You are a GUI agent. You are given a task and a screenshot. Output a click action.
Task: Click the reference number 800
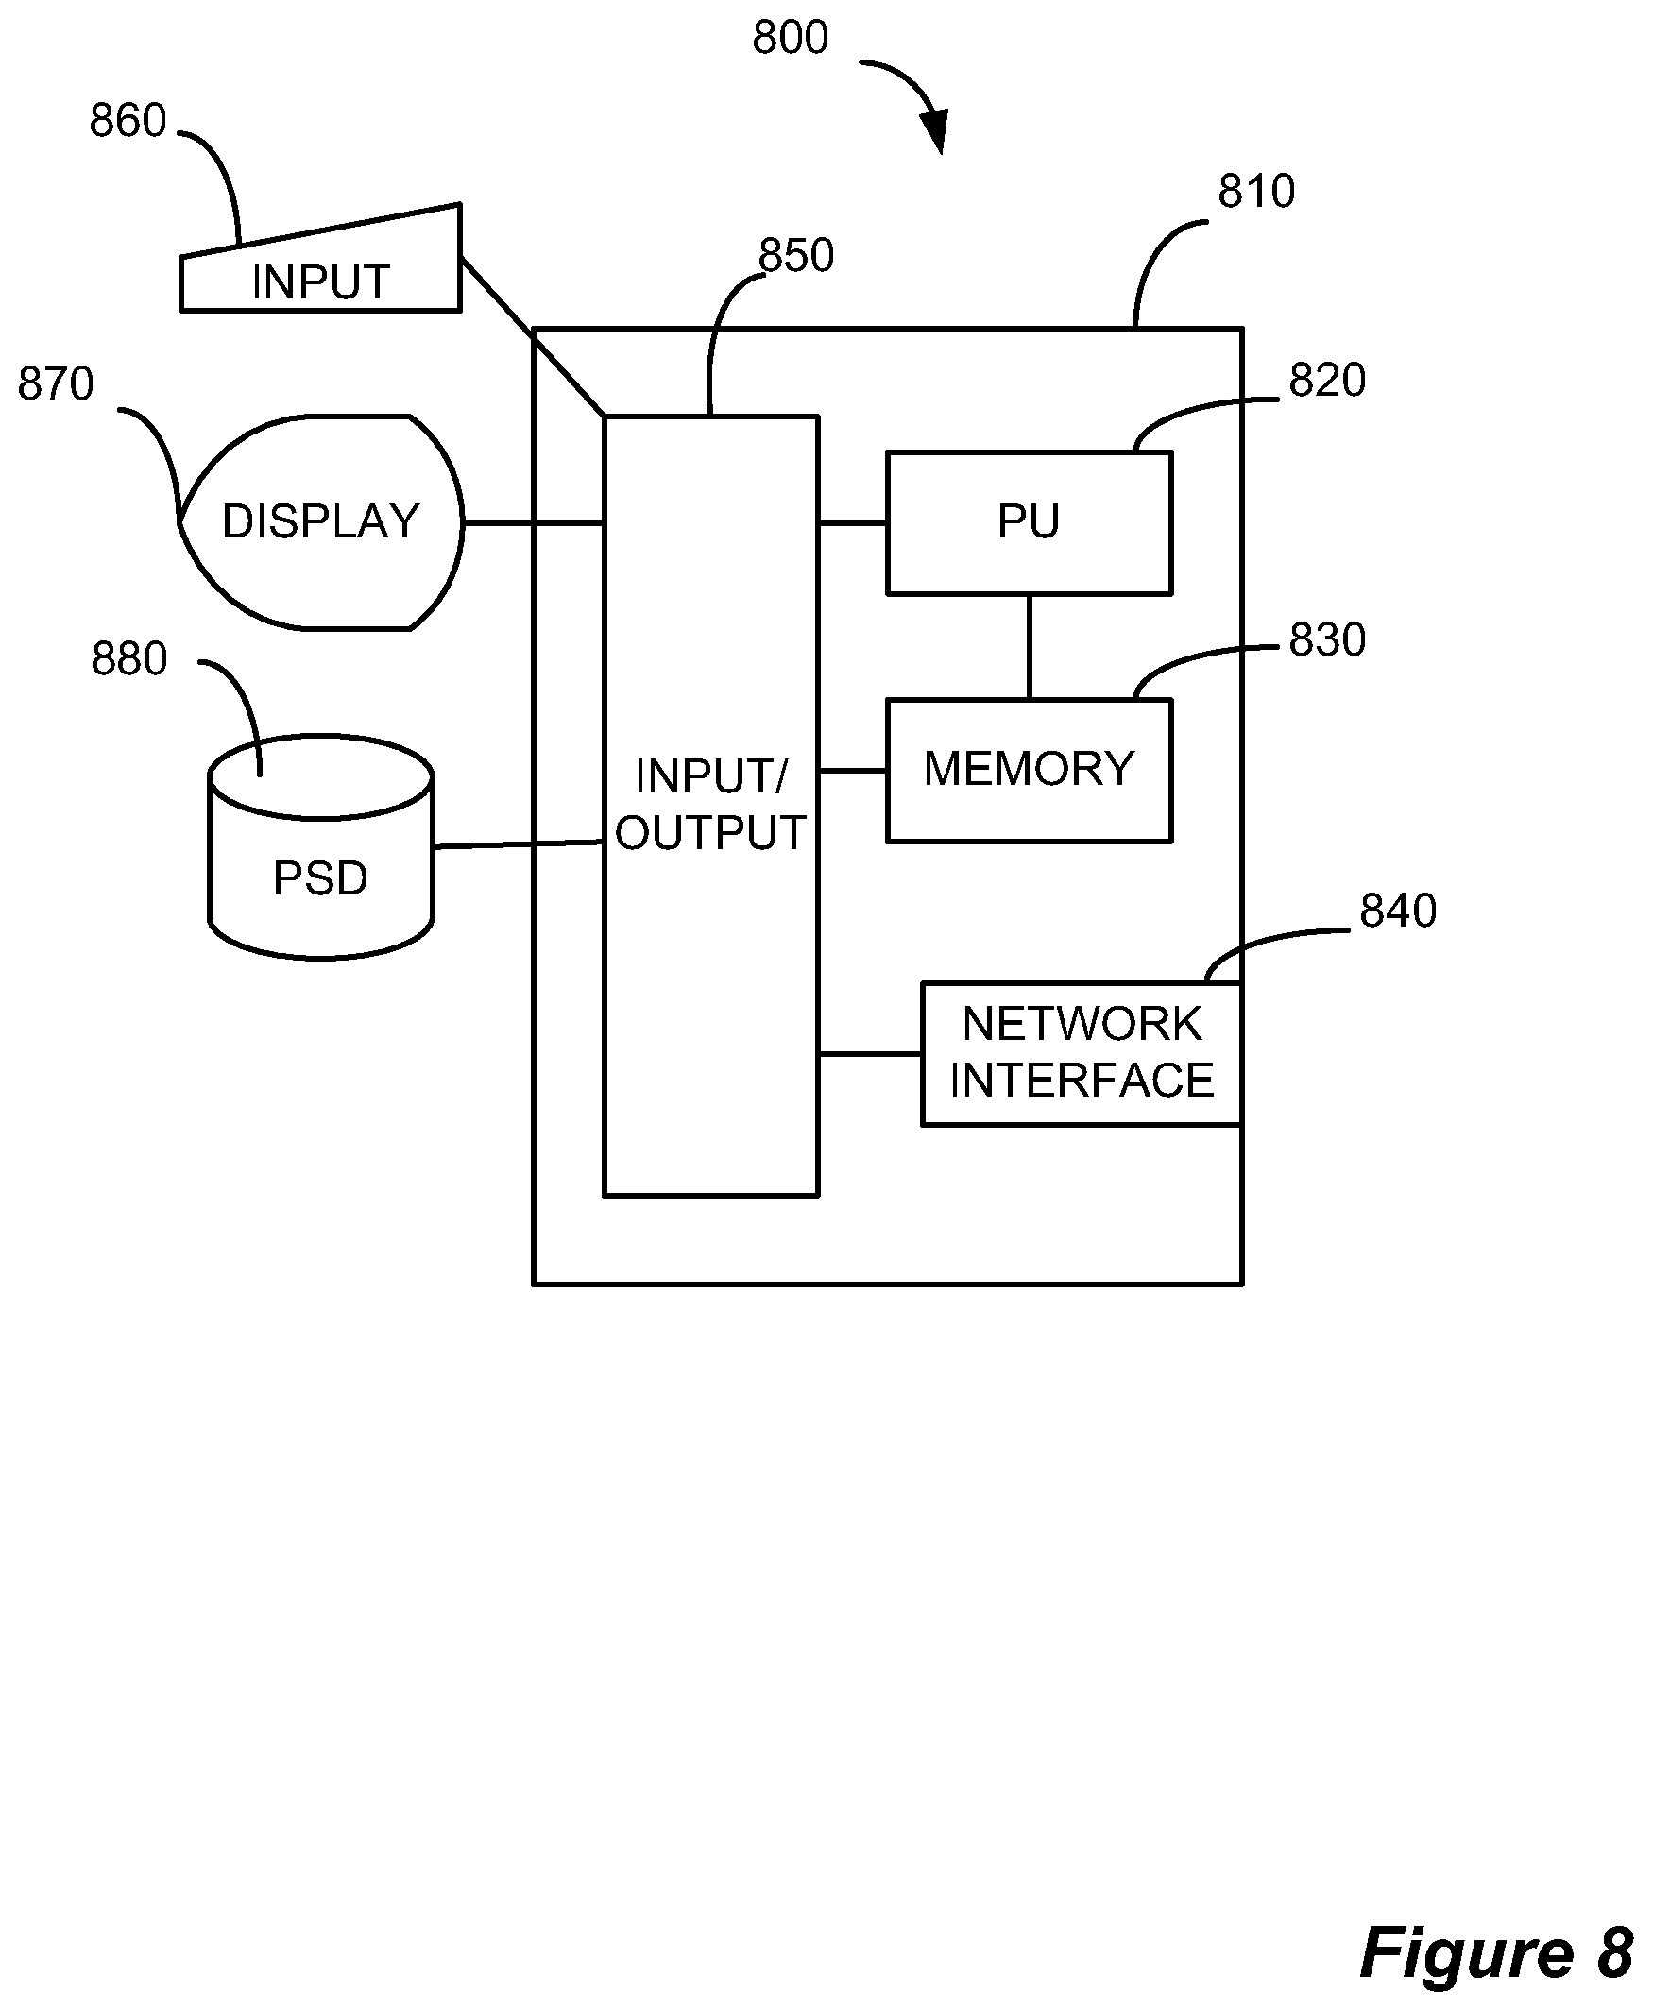pyautogui.click(x=790, y=38)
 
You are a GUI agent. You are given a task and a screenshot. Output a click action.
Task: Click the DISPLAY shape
pyautogui.click(x=321, y=521)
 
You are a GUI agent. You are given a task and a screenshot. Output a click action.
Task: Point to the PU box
pyautogui.click(x=1029, y=522)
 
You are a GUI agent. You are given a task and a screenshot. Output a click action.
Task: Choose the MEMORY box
pyautogui.click(x=1029, y=770)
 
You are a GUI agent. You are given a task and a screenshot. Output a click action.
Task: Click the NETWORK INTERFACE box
pyautogui.click(x=1081, y=1053)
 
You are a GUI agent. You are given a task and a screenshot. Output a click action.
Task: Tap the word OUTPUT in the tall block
pyautogui.click(x=710, y=833)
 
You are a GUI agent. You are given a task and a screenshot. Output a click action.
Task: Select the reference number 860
pyautogui.click(x=128, y=121)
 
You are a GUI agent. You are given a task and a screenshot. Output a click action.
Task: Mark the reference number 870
pyautogui.click(x=55, y=383)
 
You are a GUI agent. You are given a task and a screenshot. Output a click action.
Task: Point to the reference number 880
pyautogui.click(x=128, y=659)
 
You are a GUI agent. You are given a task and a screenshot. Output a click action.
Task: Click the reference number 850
pyautogui.click(x=795, y=255)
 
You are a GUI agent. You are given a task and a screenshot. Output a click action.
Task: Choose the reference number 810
pyautogui.click(x=1256, y=192)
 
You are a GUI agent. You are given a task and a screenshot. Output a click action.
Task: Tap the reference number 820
pyautogui.click(x=1326, y=381)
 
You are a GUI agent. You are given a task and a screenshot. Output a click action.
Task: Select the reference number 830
pyautogui.click(x=1326, y=639)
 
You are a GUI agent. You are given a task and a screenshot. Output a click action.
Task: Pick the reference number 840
pyautogui.click(x=1397, y=911)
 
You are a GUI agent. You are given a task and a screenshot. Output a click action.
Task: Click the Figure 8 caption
pyautogui.click(x=1496, y=1953)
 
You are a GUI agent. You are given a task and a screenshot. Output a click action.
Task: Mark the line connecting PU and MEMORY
pyautogui.click(x=1029, y=646)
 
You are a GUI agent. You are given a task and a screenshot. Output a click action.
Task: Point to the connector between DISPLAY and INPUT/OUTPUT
pyautogui.click(x=534, y=522)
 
